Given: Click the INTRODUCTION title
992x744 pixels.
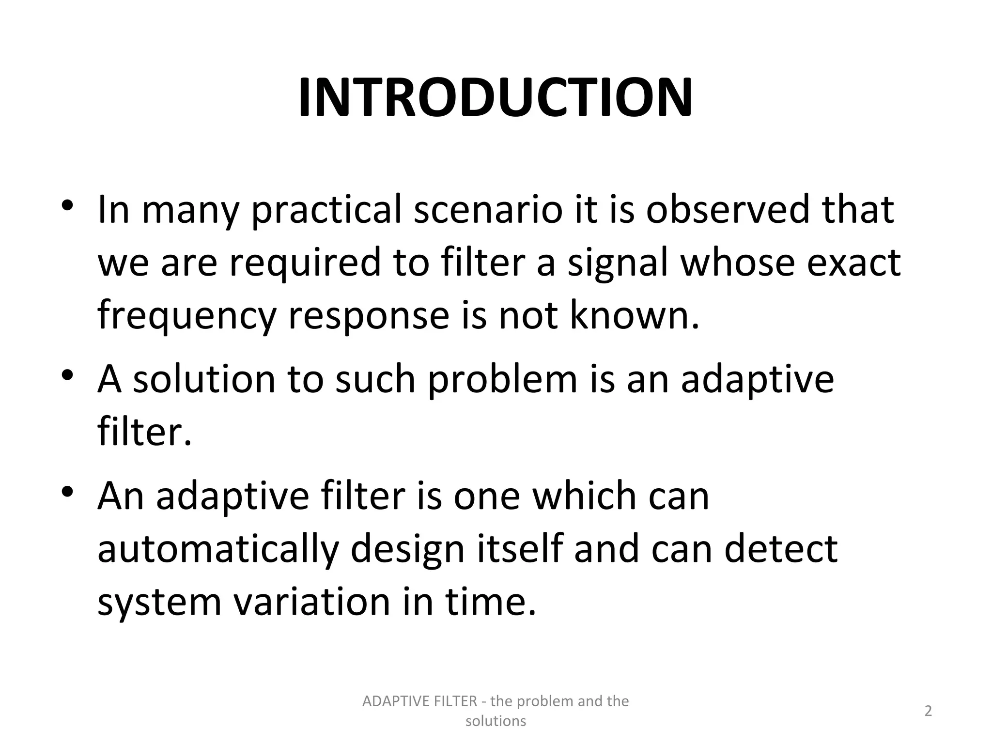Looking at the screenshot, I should [x=495, y=98].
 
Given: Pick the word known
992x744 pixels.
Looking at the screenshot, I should [x=635, y=315].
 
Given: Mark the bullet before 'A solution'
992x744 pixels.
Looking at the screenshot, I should [x=67, y=375].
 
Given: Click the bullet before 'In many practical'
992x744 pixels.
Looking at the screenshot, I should [x=67, y=205].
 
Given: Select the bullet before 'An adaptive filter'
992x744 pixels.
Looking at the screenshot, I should [x=67, y=492].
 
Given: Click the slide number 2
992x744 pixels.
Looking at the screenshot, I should [x=928, y=711].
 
